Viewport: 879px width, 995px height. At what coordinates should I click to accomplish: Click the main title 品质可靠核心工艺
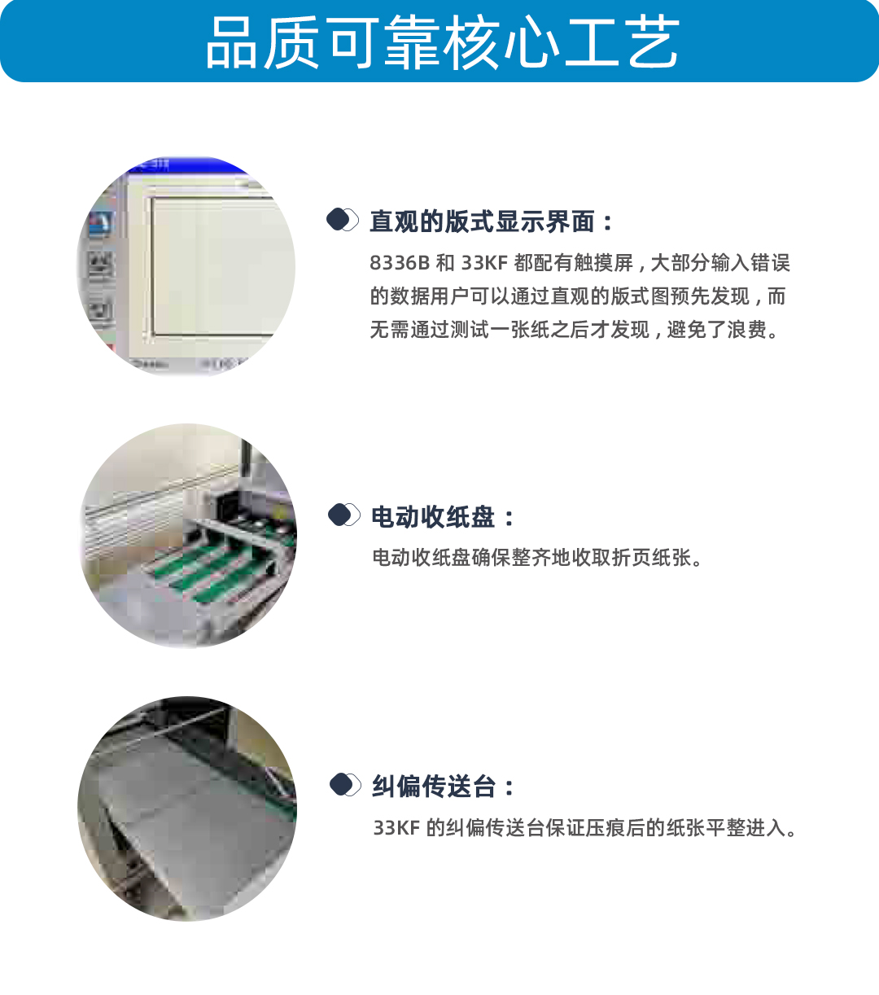coord(443,42)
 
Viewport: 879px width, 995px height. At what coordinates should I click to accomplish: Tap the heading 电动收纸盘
coord(433,517)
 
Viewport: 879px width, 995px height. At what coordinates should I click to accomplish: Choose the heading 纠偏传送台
coord(434,786)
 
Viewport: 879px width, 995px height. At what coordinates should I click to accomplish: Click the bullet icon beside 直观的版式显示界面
coord(343,220)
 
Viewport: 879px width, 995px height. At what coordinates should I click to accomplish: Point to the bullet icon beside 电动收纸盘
coord(344,515)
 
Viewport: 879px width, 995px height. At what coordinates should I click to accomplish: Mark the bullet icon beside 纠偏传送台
coord(346,784)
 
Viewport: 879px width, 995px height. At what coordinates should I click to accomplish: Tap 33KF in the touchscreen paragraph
coord(484,263)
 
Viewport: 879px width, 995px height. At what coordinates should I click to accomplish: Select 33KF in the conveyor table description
coord(397,827)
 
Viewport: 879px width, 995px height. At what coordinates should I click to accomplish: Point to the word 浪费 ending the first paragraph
coord(746,329)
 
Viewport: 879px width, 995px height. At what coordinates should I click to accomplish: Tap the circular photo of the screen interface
coord(186,267)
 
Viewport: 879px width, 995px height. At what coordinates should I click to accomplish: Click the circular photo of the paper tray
coord(188,537)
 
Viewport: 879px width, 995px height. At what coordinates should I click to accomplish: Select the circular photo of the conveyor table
coord(187,809)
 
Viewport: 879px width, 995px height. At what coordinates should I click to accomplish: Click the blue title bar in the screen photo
coord(186,164)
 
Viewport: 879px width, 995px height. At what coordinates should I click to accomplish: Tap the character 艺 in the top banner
coord(653,42)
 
